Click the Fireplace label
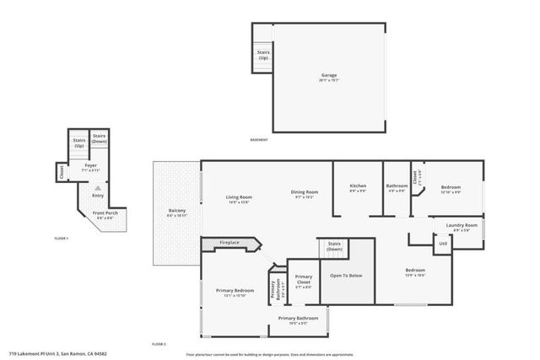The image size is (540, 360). tap(229, 243)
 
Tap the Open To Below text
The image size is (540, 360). tap(346, 275)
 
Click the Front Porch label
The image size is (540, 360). tap(105, 213)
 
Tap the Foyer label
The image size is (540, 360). tap(89, 165)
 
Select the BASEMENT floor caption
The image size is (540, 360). tap(260, 140)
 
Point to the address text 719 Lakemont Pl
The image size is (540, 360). tap(57, 353)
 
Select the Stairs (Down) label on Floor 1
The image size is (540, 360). tap(100, 138)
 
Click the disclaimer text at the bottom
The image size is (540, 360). tap(269, 353)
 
